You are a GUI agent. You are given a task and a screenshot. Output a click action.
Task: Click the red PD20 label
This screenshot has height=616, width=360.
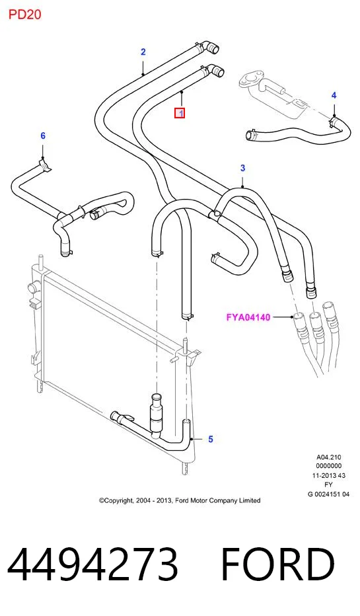[24, 15]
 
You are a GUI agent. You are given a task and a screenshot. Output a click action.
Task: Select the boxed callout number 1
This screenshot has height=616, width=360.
[180, 114]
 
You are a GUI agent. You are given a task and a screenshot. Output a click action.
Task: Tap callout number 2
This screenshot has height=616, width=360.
[143, 52]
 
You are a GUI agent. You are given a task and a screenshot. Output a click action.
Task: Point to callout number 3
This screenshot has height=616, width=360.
[242, 168]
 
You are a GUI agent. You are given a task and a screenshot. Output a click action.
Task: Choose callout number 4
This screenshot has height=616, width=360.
[334, 95]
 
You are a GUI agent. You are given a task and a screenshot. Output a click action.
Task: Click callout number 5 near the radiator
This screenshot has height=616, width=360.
[211, 439]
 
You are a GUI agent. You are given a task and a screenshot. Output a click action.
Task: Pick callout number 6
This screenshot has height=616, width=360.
[43, 135]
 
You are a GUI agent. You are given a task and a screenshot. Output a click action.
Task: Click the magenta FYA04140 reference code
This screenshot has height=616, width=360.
[248, 317]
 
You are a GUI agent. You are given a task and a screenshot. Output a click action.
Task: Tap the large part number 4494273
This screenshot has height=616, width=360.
[92, 564]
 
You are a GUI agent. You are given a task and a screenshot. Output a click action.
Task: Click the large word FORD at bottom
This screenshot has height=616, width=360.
[277, 564]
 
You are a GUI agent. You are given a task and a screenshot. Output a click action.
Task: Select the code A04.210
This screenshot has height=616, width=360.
[328, 457]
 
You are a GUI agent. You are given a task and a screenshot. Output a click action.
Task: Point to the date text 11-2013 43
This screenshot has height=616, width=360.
[328, 475]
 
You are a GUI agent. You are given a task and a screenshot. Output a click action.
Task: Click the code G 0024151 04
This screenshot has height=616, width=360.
[328, 494]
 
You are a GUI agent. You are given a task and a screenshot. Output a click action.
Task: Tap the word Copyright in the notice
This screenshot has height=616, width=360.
[116, 500]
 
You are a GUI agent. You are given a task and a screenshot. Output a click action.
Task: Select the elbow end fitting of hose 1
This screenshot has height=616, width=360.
[216, 71]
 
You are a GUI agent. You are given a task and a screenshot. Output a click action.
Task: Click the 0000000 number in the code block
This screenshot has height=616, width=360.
[328, 466]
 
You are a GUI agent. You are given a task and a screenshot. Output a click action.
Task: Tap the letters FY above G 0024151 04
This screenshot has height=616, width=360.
[328, 484]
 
